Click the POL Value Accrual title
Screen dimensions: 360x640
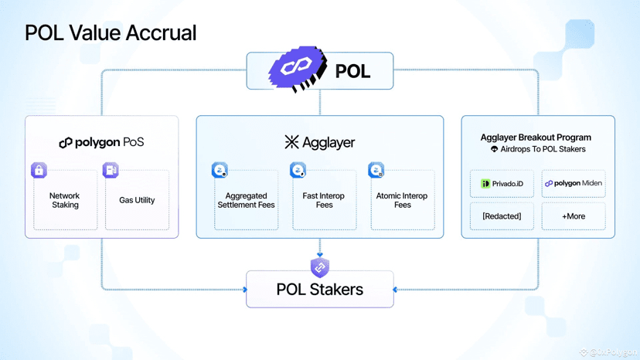pyautogui.click(x=111, y=33)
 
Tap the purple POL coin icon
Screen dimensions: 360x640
pyautogui.click(x=298, y=69)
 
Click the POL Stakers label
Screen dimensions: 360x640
pyautogui.click(x=319, y=290)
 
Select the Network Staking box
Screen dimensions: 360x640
pyautogui.click(x=65, y=201)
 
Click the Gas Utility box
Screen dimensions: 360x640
pyautogui.click(x=137, y=201)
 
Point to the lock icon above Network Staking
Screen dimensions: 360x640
pyautogui.click(x=39, y=170)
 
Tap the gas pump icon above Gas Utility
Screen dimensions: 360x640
pyautogui.click(x=111, y=170)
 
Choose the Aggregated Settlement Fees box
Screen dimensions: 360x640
pyautogui.click(x=247, y=201)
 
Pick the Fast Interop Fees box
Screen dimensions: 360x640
pyautogui.click(x=325, y=201)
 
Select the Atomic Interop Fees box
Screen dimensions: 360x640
pyautogui.click(x=402, y=201)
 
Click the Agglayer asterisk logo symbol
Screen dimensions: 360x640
pyautogui.click(x=291, y=142)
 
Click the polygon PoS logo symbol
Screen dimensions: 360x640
pyautogui.click(x=66, y=143)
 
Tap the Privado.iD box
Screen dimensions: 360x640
pyautogui.click(x=502, y=184)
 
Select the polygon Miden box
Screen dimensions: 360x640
pyautogui.click(x=574, y=184)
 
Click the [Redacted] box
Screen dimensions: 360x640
pyautogui.click(x=502, y=216)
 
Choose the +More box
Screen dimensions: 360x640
pyautogui.click(x=574, y=216)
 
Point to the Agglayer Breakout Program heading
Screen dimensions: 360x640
pyautogui.click(x=536, y=138)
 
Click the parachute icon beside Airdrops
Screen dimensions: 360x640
pyautogui.click(x=495, y=149)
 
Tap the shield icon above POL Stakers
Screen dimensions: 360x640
pyautogui.click(x=320, y=267)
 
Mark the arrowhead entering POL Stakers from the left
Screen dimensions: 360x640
pyautogui.click(x=245, y=290)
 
